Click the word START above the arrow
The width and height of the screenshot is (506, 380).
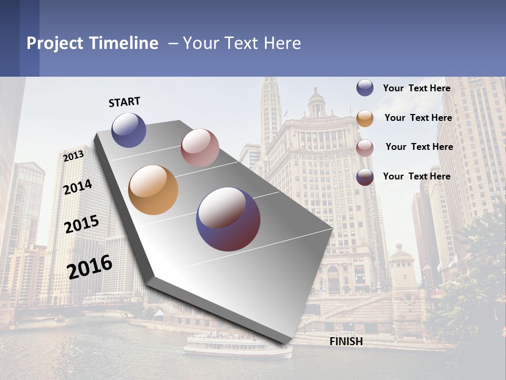[124, 102]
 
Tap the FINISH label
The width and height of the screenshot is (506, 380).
[346, 341]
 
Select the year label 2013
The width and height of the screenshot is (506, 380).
[73, 156]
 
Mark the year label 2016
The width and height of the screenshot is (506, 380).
[90, 267]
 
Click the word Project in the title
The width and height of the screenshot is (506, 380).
[55, 43]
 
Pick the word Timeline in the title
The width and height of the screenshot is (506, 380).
[124, 43]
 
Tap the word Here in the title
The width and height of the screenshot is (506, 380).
[283, 43]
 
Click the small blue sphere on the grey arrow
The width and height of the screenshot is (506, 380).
[129, 130]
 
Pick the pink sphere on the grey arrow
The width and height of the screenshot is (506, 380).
[200, 148]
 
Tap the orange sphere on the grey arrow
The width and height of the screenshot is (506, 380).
[153, 190]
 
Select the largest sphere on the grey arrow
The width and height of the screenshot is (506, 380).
[228, 219]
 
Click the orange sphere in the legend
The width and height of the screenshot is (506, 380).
[365, 118]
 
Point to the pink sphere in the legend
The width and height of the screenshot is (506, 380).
[365, 148]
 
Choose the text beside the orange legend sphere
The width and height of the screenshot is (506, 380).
[418, 118]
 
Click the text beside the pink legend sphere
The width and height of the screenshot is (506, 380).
[419, 147]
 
